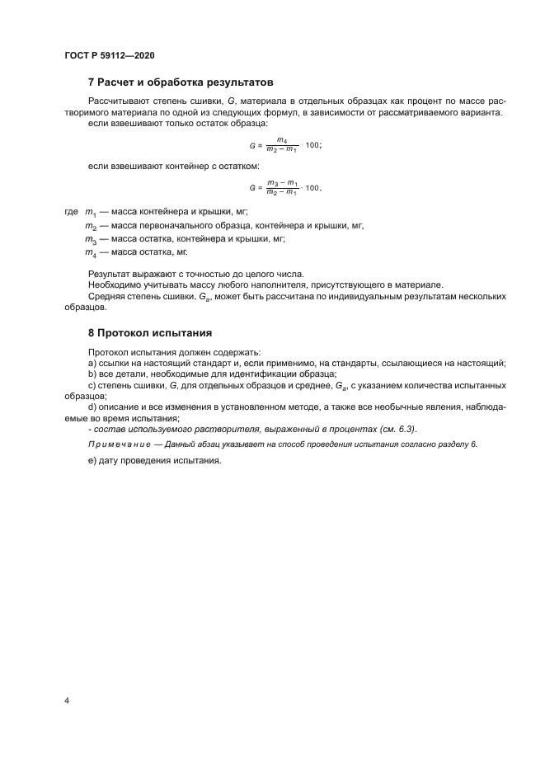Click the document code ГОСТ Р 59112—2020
109,55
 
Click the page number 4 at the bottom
67,701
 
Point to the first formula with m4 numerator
284,144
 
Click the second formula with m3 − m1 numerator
284,187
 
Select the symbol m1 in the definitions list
91,213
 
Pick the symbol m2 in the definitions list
91,226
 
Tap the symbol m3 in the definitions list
91,239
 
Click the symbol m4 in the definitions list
91,252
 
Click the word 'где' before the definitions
71,212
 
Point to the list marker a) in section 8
92,364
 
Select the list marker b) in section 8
92,374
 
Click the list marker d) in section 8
92,407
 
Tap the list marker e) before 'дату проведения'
92,461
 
